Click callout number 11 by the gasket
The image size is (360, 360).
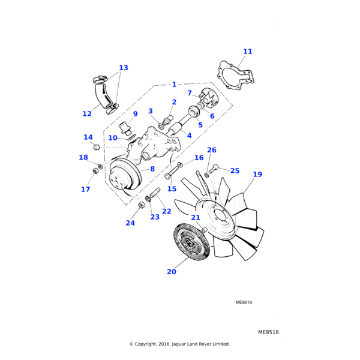click(248, 52)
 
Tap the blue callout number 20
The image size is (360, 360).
click(172, 271)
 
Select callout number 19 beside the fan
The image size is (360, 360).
click(257, 175)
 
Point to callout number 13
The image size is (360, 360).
click(124, 68)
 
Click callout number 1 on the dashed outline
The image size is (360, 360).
click(174, 85)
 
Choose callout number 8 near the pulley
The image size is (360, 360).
click(152, 169)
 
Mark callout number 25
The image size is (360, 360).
click(235, 171)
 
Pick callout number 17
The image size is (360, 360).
click(86, 189)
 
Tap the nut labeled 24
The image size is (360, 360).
click(142, 206)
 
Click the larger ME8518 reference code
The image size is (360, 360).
click(268, 332)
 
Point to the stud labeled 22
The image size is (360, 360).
click(154, 194)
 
